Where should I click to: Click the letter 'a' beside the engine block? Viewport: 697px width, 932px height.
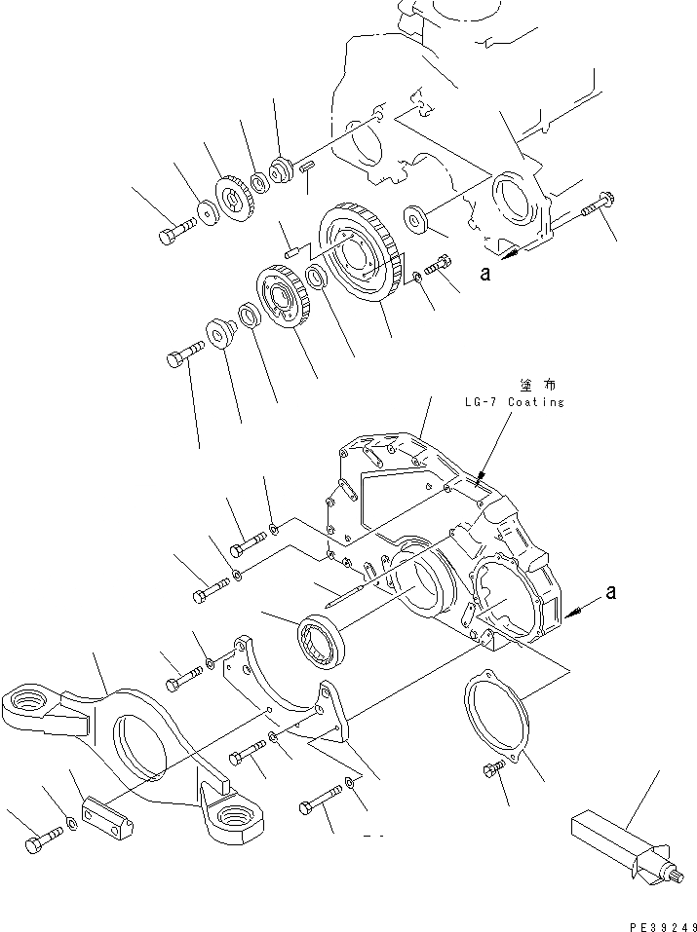pos(484,274)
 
